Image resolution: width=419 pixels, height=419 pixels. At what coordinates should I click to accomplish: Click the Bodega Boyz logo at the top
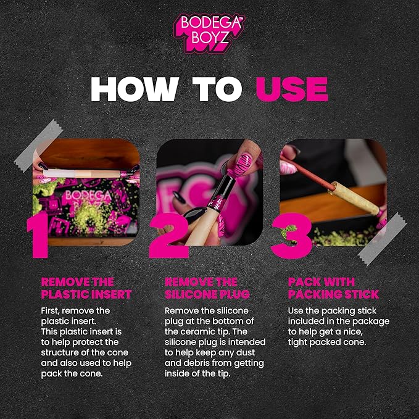(209, 33)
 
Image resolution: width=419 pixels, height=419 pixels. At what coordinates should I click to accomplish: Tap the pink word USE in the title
(292, 89)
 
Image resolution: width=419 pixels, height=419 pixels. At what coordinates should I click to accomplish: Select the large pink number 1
(38, 235)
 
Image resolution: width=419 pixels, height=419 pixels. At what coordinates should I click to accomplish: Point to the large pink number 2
(168, 235)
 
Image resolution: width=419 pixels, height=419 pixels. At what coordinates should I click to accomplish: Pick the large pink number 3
(291, 236)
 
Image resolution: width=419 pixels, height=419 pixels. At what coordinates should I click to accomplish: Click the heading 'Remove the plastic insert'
(86, 288)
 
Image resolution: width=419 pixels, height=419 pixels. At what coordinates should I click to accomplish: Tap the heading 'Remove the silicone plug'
(207, 288)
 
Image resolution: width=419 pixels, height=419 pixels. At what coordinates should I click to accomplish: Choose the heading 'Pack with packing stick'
(333, 288)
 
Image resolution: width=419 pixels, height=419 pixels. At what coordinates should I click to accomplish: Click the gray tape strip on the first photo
(38, 146)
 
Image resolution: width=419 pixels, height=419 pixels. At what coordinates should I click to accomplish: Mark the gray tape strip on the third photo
(382, 239)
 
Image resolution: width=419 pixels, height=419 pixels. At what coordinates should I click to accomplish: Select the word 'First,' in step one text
(50, 311)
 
